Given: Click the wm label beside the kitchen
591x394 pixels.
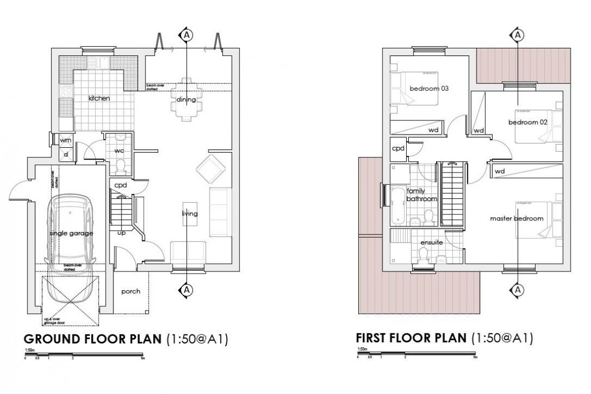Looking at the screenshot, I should tap(66, 140).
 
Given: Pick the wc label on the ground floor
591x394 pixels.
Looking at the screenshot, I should tap(119, 151).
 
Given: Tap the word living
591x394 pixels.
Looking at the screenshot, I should tap(190, 214).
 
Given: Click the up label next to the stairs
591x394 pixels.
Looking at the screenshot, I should tap(121, 233).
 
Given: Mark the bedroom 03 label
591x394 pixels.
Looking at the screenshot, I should tap(429, 89).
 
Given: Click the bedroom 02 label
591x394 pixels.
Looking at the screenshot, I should tap(528, 123).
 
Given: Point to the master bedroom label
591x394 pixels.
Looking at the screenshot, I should tap(516, 219).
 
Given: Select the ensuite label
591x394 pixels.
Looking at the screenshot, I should tap(431, 242).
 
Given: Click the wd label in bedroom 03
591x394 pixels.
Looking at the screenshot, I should tap(433, 130).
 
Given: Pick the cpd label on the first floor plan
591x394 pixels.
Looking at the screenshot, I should tap(398, 148).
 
